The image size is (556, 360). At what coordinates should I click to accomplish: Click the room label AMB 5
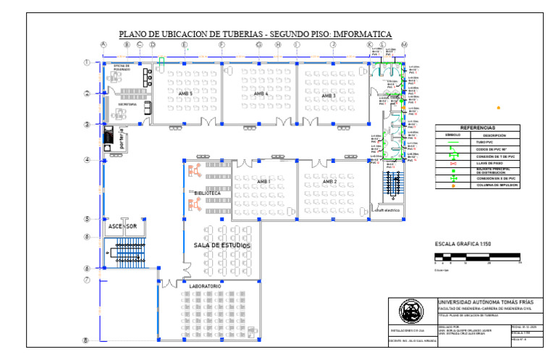[185, 94]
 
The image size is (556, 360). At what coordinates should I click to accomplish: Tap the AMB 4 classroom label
[261, 94]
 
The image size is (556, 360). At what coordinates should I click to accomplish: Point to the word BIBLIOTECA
[207, 193]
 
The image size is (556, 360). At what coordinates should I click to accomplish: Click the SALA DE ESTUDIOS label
[222, 246]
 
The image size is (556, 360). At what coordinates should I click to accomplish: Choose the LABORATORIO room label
[205, 287]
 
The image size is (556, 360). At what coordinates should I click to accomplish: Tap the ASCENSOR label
[122, 227]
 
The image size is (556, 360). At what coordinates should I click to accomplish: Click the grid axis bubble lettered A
[104, 45]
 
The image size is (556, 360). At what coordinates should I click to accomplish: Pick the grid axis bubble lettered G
[258, 45]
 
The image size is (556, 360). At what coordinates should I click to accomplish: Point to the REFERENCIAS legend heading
[477, 127]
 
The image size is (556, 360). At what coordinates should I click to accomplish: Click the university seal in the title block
[412, 312]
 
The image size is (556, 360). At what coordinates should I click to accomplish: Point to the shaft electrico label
[387, 211]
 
